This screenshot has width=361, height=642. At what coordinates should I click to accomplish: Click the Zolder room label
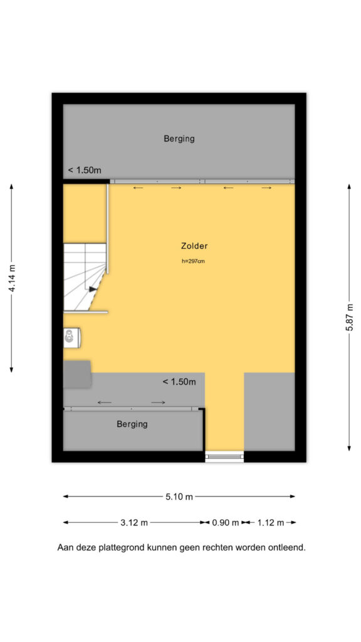[194, 246]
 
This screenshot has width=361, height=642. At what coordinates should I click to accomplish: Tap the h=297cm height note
[193, 261]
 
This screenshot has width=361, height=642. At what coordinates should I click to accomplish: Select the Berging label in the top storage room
[179, 139]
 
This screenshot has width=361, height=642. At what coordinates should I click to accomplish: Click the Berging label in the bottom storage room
[132, 424]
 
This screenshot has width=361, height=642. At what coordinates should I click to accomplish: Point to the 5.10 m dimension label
[179, 497]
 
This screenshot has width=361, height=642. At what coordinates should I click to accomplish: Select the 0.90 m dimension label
[226, 523]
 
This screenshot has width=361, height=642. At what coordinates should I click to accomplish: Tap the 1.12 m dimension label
[270, 523]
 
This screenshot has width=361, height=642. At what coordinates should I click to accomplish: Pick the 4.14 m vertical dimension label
[13, 278]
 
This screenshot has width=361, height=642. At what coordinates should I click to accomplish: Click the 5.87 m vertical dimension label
[350, 318]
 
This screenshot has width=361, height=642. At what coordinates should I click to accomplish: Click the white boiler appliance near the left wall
[71, 338]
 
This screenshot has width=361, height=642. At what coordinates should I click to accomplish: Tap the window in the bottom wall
[224, 456]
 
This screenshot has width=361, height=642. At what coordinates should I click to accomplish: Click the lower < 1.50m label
[179, 382]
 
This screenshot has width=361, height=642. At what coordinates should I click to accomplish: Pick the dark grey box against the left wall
[77, 374]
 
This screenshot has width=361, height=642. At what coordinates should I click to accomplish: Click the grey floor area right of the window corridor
[269, 411]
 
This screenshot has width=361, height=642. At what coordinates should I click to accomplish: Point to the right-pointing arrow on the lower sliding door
[158, 403]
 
